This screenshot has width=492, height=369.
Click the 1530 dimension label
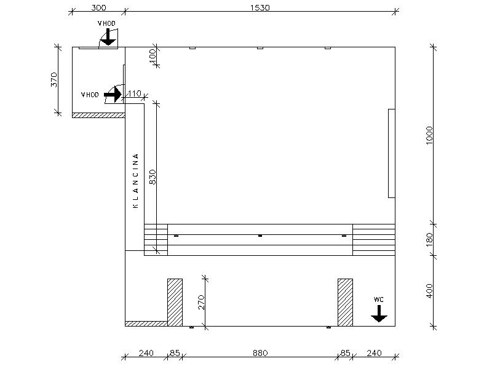point(260,7)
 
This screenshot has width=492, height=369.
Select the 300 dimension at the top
point(98,7)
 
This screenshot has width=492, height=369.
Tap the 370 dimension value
point(54,80)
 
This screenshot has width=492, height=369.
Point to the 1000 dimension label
point(429,135)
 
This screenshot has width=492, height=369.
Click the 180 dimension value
point(429,240)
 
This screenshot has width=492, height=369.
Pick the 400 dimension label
point(429,291)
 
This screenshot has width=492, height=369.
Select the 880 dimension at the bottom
point(260,353)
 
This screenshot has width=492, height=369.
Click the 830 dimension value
point(152,177)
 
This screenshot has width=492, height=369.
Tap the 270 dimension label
point(202,302)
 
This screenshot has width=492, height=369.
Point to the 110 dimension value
point(134,93)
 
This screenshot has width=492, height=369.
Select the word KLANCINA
point(135,181)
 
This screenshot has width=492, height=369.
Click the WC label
point(378,300)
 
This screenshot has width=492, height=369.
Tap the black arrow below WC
point(379,314)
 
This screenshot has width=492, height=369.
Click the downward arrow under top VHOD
point(108,37)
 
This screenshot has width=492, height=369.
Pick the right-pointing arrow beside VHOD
point(113,95)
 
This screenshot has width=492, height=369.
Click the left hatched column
point(175,303)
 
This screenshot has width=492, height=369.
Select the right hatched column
point(345,303)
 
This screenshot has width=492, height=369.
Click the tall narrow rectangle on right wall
point(392,153)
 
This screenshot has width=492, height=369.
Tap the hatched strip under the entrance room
point(98,115)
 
